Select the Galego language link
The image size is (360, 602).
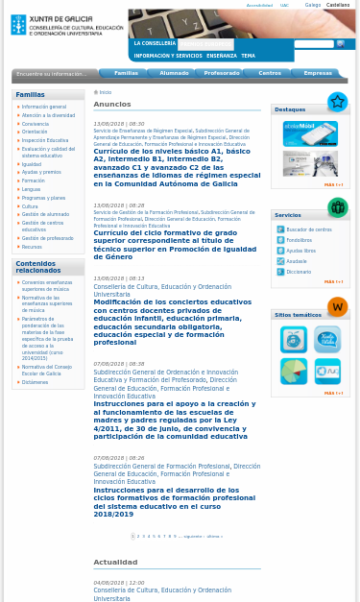[x=313, y=5]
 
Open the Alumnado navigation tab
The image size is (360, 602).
[x=174, y=73]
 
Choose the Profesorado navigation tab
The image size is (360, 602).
[x=222, y=73]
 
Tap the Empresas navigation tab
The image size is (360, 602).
[x=318, y=73]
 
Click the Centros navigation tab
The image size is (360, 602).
[x=270, y=73]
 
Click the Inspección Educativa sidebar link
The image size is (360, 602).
[x=45, y=140]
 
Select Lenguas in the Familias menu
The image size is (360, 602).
[x=31, y=189]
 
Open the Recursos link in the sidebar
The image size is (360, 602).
[x=32, y=247]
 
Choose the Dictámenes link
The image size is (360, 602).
[x=35, y=382]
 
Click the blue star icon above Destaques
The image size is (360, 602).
[x=337, y=102]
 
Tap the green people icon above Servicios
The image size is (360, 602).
[x=337, y=207]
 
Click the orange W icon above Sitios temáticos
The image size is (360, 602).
[x=337, y=307]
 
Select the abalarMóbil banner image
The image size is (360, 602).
[x=310, y=133]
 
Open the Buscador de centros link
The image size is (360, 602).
[x=308, y=229]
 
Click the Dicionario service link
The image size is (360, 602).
[x=299, y=272]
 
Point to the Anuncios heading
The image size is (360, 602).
[x=112, y=104]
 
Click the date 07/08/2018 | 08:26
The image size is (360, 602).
[x=119, y=458]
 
